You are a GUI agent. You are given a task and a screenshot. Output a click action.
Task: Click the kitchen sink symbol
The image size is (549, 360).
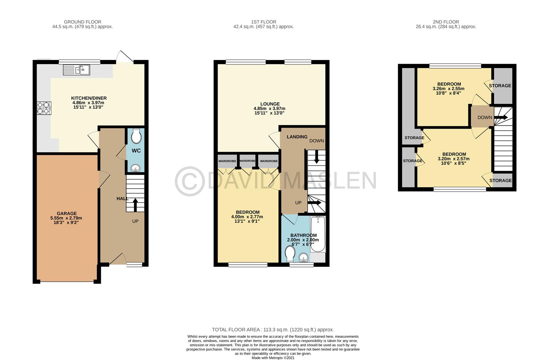click(77, 70)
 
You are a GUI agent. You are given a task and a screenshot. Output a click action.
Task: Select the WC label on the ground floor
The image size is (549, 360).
click(136, 151)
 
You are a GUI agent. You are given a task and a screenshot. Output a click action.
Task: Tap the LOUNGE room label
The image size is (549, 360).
click(270, 104)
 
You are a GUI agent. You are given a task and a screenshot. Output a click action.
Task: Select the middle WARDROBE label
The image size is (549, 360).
click(248, 161)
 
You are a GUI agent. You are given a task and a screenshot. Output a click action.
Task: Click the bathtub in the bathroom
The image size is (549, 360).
click(317, 234)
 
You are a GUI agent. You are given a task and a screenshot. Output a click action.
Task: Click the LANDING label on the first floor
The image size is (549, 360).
click(297, 137)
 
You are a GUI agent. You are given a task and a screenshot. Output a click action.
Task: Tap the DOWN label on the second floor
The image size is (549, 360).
click(484, 117)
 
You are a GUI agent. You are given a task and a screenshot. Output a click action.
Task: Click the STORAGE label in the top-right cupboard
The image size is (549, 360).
click(500, 86)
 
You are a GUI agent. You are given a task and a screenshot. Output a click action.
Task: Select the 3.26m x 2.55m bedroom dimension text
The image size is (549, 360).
click(448, 89)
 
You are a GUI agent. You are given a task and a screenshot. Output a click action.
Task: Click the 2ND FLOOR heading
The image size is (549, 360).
click(446, 22)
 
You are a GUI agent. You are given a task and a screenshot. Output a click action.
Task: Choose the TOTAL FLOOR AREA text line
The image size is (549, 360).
click(273, 329)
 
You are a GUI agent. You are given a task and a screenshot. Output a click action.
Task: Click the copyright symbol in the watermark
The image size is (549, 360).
click(190, 181)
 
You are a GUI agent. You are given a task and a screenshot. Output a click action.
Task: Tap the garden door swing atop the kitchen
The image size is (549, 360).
click(125, 56)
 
